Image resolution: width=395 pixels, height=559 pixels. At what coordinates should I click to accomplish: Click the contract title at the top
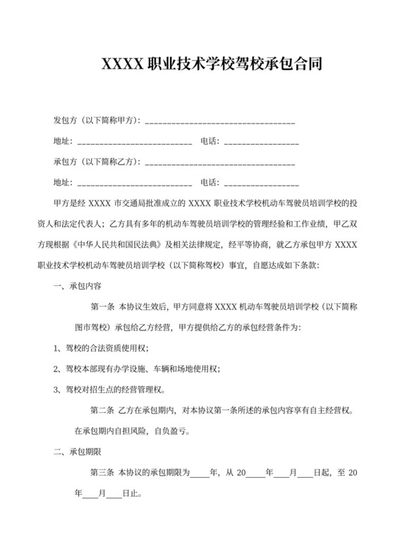click(x=212, y=66)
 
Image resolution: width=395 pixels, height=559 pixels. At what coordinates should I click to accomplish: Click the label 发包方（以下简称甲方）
click(x=97, y=121)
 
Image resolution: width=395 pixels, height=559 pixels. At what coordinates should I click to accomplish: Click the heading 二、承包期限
click(x=78, y=451)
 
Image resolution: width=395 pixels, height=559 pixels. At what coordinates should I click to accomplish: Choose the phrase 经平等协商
click(x=272, y=245)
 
